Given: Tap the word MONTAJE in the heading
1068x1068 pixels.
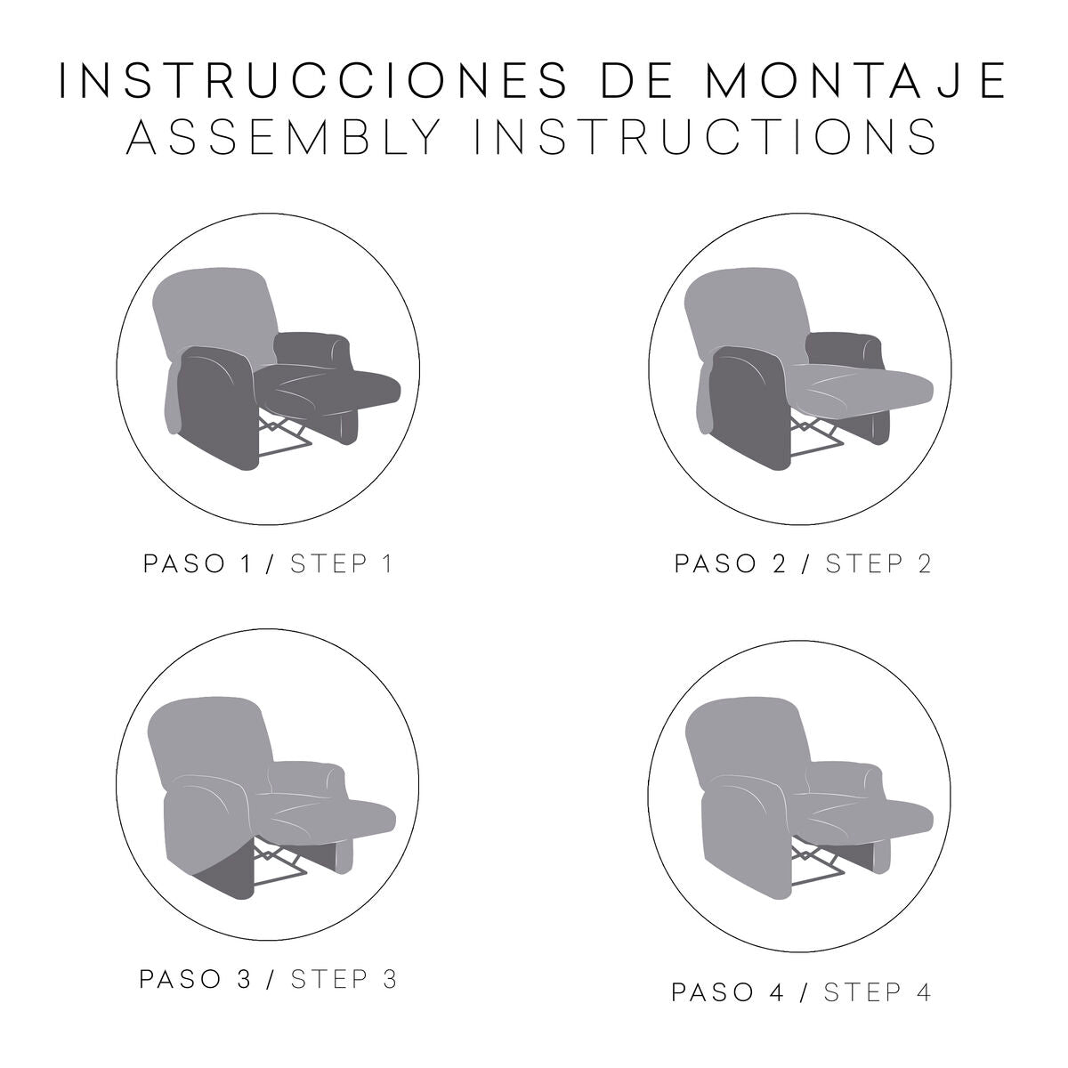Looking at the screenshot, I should (x=855, y=80).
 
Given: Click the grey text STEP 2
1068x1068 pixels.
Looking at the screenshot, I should (x=878, y=563).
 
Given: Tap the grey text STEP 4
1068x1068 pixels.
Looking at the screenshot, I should (x=878, y=992).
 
